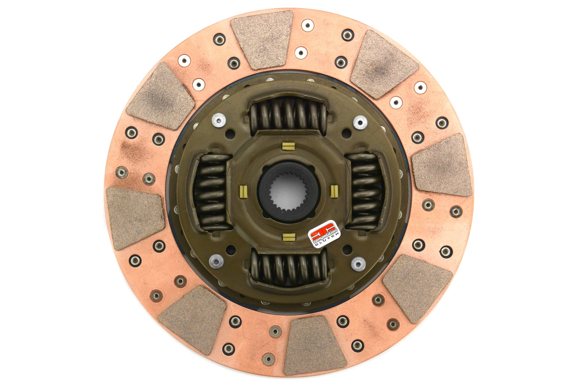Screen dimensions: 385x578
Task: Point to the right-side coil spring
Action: pos(366,191)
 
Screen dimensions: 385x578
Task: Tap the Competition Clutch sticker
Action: pos(324,234)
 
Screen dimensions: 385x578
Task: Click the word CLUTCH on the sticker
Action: pos(327,240)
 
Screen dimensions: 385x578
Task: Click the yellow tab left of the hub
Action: pos(243,189)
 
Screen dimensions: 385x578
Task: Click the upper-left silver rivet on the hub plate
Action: pos(219,121)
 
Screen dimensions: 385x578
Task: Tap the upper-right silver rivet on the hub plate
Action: pos(360,122)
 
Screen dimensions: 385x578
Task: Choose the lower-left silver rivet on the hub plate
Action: pos(216,261)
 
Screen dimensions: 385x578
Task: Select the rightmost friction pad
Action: pos(442,165)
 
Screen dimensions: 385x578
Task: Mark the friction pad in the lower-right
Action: pos(417,288)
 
